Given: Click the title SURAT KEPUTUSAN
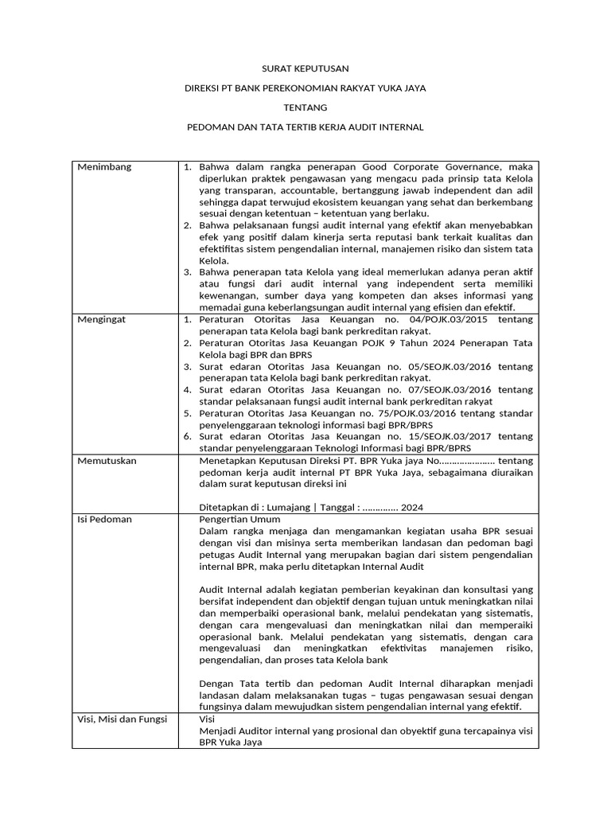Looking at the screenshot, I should [x=305, y=69].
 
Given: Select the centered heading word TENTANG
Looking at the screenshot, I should [x=305, y=107].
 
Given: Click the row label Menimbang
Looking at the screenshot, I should [x=104, y=167].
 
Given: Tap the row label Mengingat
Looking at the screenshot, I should [x=103, y=319].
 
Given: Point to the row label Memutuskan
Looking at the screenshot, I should [x=107, y=460].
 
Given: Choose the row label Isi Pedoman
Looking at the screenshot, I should [x=104, y=519].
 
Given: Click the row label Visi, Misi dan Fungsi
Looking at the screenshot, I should [x=122, y=719].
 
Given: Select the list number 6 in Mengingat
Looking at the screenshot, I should [x=185, y=436].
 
